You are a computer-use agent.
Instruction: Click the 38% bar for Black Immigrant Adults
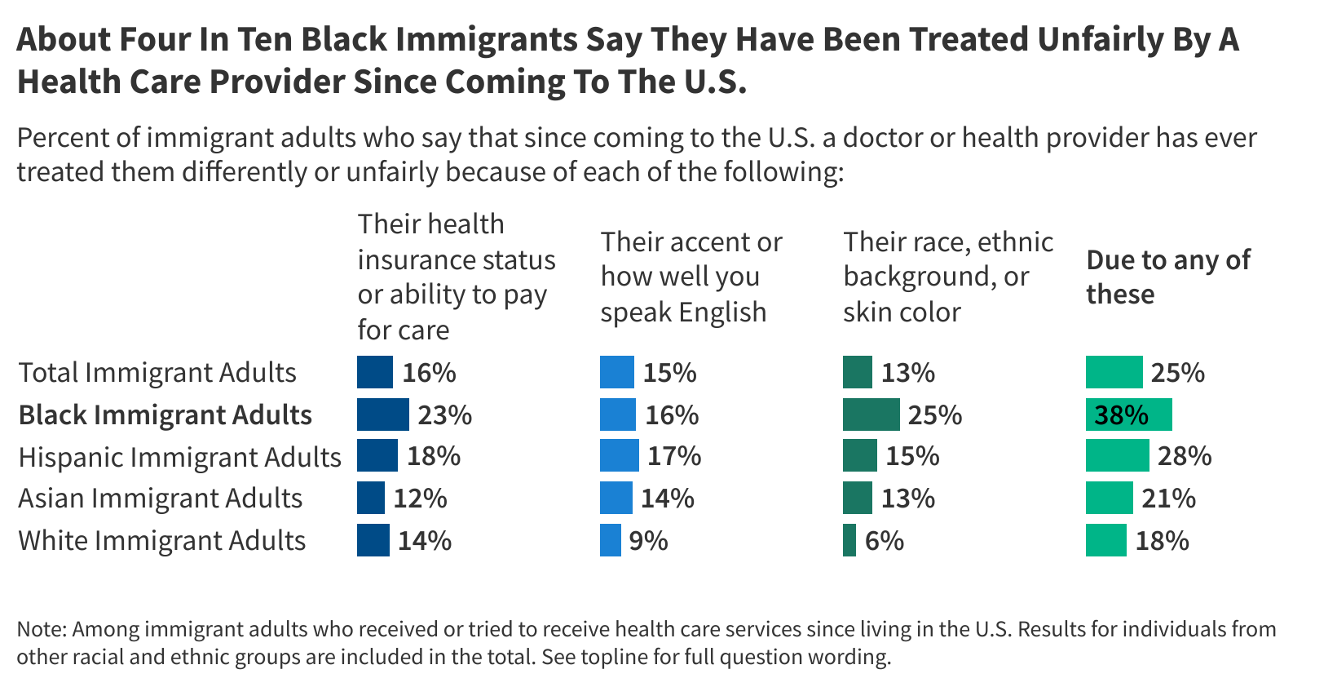[1128, 415]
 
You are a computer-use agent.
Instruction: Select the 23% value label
[444, 415]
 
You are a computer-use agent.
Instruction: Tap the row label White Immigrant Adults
[162, 540]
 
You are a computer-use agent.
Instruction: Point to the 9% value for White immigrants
[648, 540]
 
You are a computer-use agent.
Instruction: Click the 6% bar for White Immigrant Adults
[849, 540]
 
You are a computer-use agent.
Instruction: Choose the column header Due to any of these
[1167, 277]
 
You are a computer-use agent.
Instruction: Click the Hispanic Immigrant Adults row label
[179, 457]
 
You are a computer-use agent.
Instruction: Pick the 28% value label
[1185, 456]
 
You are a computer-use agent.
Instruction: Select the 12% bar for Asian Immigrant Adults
[371, 499]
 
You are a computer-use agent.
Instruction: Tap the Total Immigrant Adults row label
[157, 373]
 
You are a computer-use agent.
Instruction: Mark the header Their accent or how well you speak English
[691, 277]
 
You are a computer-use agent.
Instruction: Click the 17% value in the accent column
[674, 456]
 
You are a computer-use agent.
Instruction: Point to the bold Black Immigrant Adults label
[165, 415]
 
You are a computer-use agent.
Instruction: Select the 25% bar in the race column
[871, 415]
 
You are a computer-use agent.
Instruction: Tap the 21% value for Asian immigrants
[1168, 499]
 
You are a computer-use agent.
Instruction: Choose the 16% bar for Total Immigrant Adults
[375, 373]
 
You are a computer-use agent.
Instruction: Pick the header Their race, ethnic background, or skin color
[948, 277]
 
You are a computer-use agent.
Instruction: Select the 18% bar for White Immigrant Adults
[1105, 540]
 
